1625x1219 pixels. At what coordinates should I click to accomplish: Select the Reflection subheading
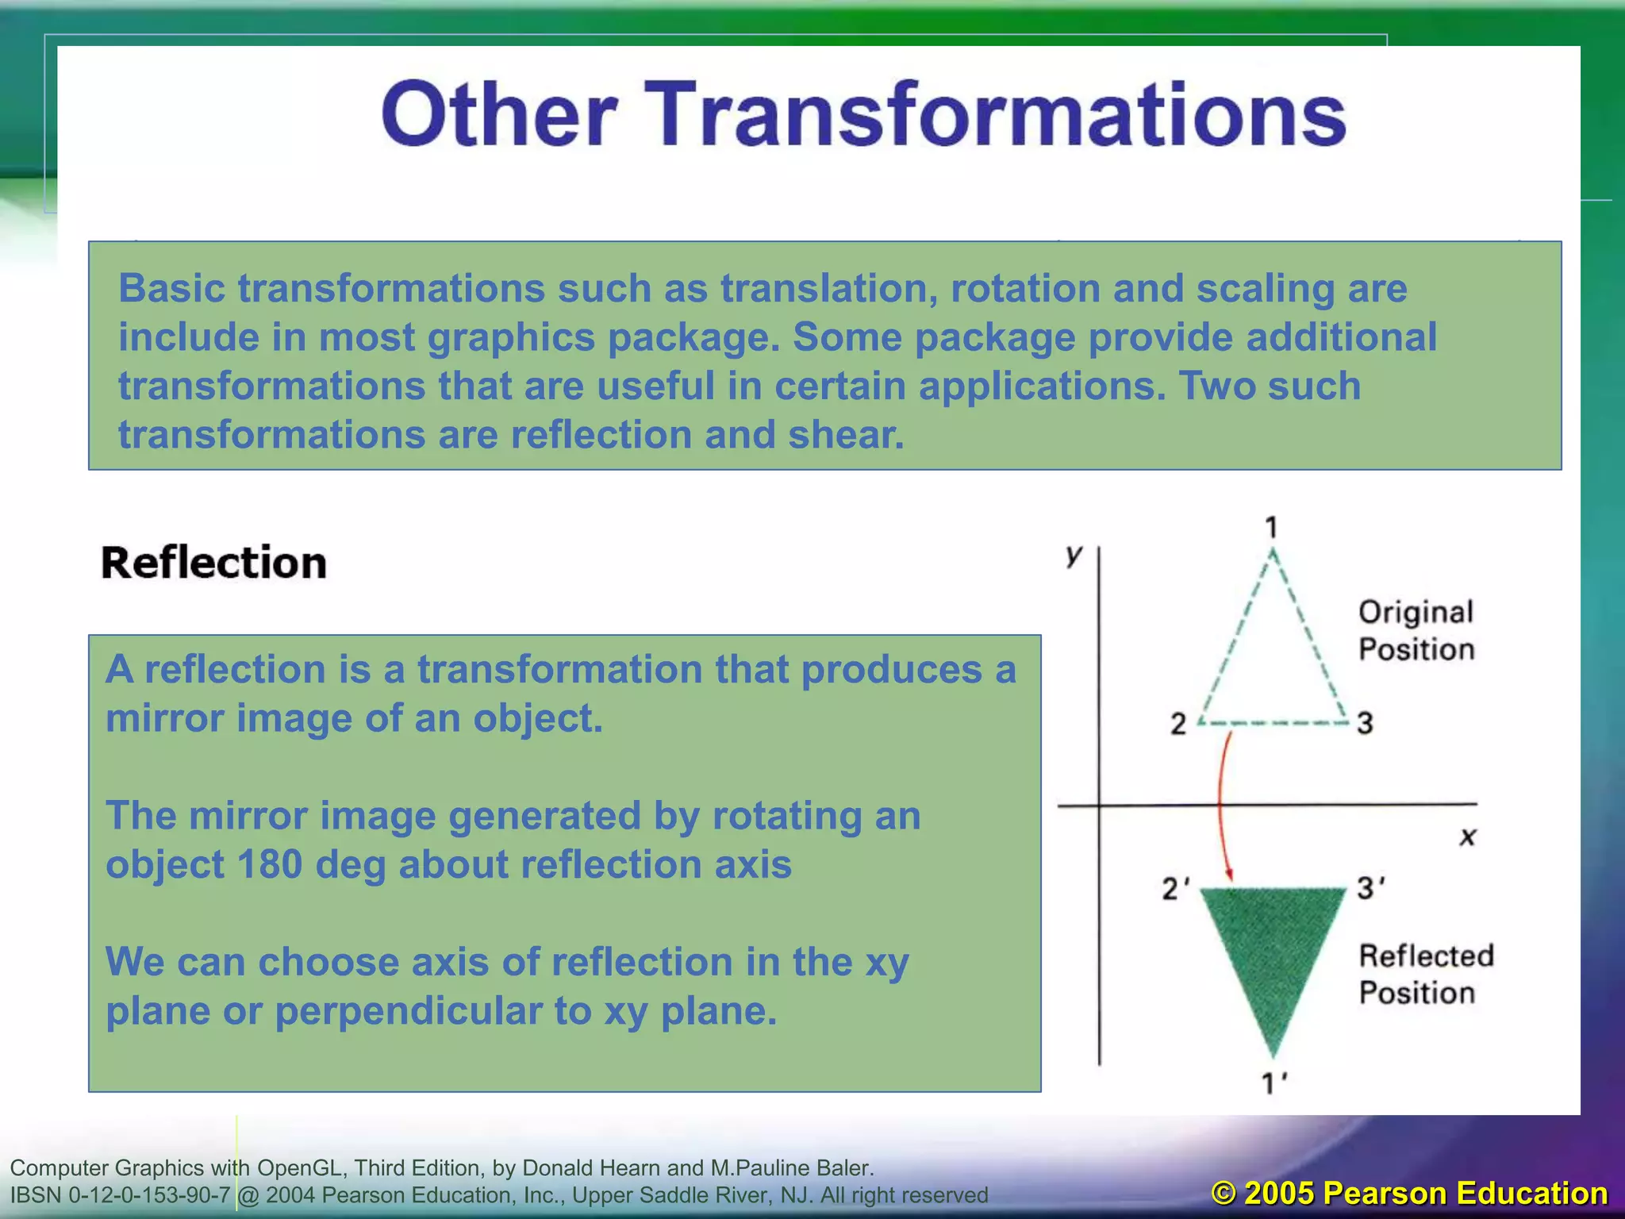pyautogui.click(x=213, y=563)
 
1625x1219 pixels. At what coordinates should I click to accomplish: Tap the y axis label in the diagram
pyautogui.click(x=1074, y=555)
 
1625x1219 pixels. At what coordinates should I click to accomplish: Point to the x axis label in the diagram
pyautogui.click(x=1467, y=836)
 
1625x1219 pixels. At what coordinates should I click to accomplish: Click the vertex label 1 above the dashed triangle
pyautogui.click(x=1271, y=527)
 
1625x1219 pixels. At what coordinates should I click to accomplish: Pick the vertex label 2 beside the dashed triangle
pyautogui.click(x=1178, y=724)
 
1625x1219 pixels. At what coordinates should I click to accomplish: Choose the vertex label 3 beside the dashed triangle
pyautogui.click(x=1365, y=723)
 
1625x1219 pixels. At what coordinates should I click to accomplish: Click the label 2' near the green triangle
pyautogui.click(x=1175, y=889)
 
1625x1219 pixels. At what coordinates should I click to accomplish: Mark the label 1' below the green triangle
pyautogui.click(x=1273, y=1082)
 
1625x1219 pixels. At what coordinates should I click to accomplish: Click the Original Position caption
pyautogui.click(x=1416, y=631)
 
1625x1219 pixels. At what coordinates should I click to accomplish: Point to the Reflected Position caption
pyautogui.click(x=1424, y=974)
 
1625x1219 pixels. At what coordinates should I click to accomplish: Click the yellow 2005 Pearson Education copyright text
pyautogui.click(x=1409, y=1194)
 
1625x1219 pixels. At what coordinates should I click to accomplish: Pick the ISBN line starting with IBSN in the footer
pyautogui.click(x=498, y=1194)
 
